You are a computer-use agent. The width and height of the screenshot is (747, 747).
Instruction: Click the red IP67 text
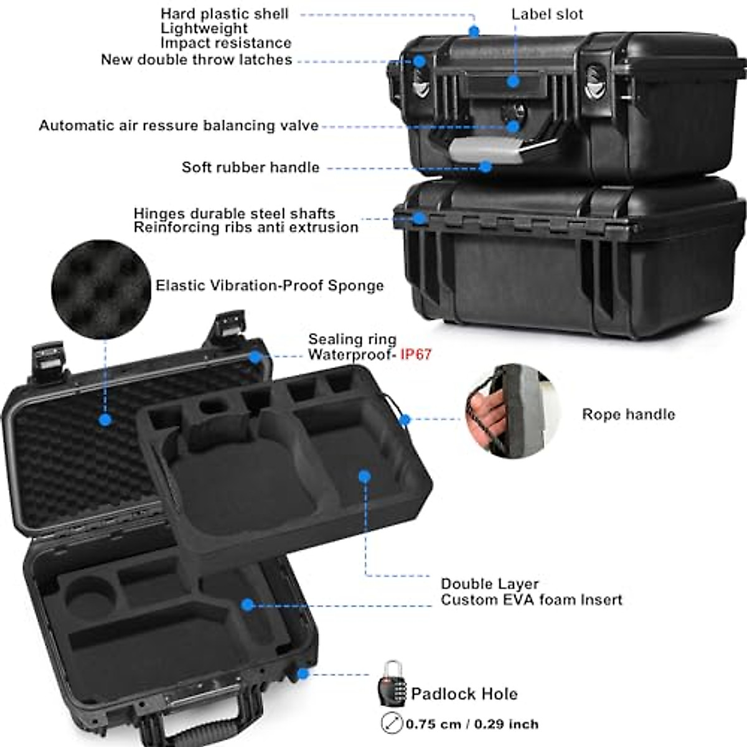415,355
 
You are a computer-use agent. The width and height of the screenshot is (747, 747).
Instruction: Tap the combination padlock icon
392,684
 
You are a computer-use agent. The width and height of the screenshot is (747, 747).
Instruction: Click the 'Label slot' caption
547,14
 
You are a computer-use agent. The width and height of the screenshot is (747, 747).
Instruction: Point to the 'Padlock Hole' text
464,693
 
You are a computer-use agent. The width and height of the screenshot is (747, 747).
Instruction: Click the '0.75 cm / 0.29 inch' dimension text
472,724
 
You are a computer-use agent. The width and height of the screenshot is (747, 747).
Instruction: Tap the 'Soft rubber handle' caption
250,167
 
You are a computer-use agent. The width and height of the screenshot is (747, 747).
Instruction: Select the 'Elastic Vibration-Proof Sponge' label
270,286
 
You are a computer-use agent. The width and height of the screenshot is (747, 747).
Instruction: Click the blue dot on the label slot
513,81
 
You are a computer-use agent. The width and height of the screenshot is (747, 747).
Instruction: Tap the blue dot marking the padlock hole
303,674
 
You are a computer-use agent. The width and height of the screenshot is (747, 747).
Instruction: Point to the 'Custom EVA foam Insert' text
531,600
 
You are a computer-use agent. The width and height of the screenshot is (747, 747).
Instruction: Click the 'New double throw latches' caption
196,60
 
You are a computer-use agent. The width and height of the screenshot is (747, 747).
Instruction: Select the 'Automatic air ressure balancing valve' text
179,126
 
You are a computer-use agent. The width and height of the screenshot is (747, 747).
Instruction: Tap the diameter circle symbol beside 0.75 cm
392,723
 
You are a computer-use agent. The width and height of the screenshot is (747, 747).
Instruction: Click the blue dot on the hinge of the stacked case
420,218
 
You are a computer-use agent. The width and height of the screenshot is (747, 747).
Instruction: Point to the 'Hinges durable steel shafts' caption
234,214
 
